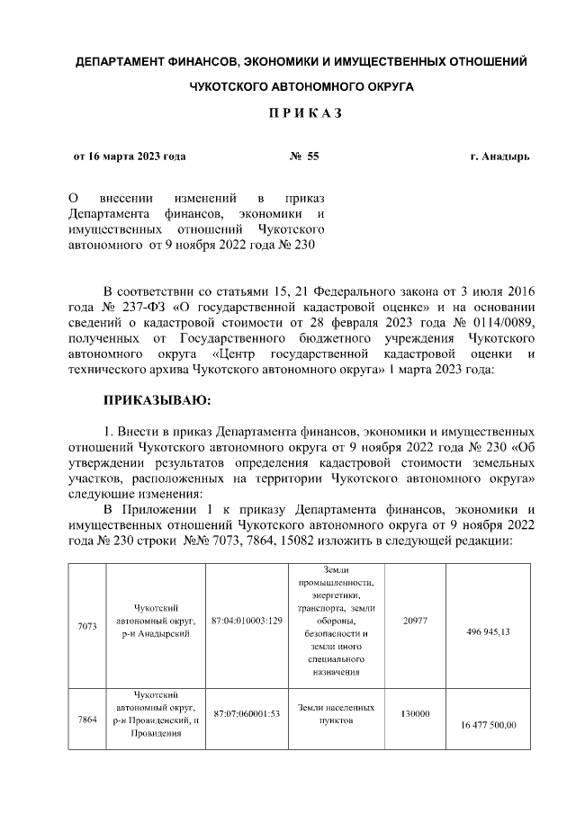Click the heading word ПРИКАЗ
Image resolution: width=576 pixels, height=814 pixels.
tap(288, 116)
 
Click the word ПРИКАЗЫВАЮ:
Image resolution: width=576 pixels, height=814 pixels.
tap(157, 398)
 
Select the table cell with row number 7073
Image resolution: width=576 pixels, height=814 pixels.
tap(87, 626)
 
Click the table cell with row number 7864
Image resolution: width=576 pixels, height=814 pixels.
tap(87, 720)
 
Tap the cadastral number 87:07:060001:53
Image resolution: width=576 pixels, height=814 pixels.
tap(247, 714)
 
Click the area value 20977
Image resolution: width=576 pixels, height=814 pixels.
tap(416, 621)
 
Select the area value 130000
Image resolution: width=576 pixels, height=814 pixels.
tap(416, 714)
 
